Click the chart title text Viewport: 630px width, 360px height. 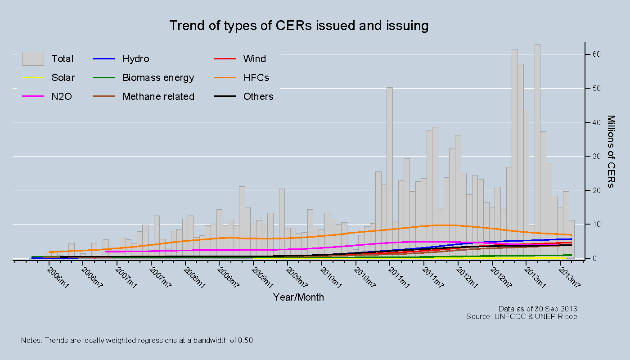pyautogui.click(x=298, y=26)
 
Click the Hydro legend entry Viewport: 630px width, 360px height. pyautogui.click(x=135, y=59)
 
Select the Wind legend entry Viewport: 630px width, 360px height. pyautogui.click(x=254, y=59)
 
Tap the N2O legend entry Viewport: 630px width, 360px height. pyautogui.click(x=62, y=97)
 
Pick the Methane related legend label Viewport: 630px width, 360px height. pyautogui.click(x=158, y=97)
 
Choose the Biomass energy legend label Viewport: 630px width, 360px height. pyautogui.click(x=158, y=78)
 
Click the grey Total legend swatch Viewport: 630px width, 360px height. pyautogui.click(x=33, y=58)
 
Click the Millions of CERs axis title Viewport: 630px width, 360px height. pyautogui.click(x=611, y=152)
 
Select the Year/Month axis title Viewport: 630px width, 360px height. pyautogui.click(x=298, y=297)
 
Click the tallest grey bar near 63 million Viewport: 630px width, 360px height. pyautogui.click(x=537, y=148)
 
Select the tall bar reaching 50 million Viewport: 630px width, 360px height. pyautogui.click(x=390, y=171)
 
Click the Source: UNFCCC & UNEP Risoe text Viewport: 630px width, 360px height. pyautogui.click(x=522, y=316)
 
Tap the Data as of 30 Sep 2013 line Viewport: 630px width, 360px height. pyautogui.click(x=538, y=309)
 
